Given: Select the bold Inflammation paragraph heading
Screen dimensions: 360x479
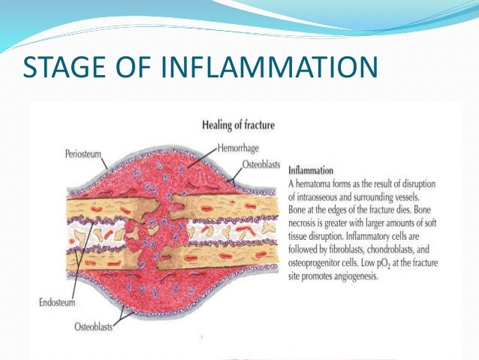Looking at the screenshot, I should coord(312,171).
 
